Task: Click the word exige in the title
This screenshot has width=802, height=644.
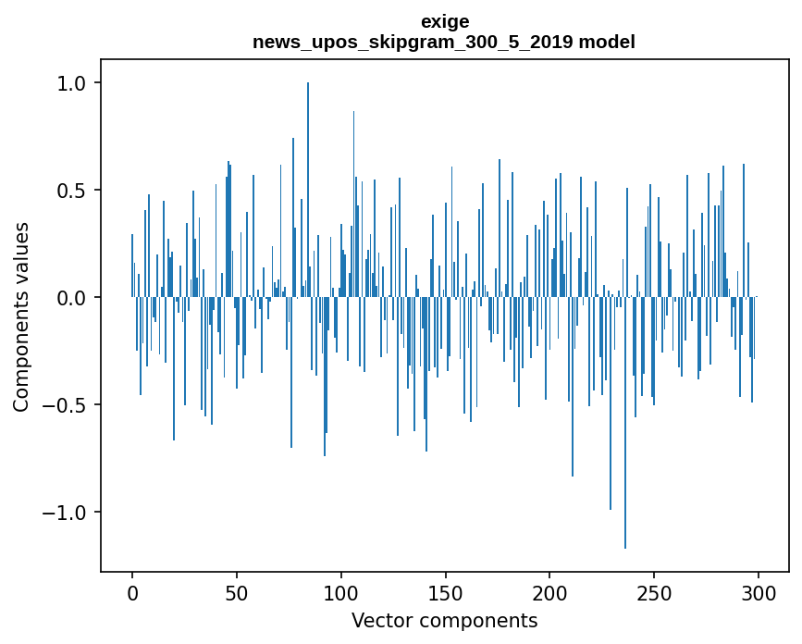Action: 444,21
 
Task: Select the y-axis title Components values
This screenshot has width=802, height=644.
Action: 21,316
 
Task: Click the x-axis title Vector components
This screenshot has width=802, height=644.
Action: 444,620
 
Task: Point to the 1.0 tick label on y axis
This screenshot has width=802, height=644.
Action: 71,83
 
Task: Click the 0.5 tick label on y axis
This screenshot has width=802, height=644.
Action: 71,191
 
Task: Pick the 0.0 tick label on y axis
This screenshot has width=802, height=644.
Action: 71,298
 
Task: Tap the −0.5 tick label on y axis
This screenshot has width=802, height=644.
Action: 65,405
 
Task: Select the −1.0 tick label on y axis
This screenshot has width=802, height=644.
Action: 65,513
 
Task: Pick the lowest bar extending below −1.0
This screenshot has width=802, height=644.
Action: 625,426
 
